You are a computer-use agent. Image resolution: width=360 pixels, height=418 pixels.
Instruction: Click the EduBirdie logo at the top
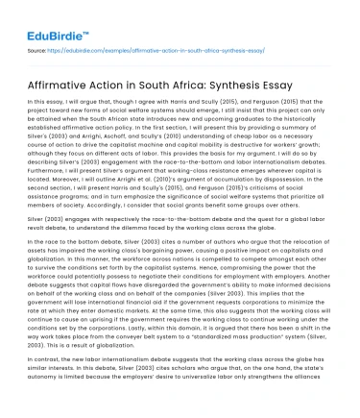[x=50, y=16]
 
